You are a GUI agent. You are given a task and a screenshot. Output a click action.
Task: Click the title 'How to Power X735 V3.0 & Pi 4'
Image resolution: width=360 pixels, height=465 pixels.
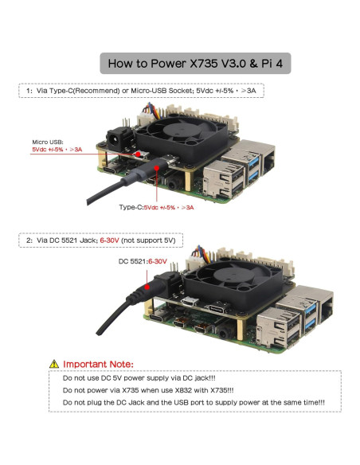click(x=195, y=63)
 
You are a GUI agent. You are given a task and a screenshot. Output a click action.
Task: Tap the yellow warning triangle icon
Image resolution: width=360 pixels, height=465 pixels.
click(x=54, y=364)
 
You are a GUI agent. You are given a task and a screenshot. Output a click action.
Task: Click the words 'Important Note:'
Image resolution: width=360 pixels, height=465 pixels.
click(x=98, y=364)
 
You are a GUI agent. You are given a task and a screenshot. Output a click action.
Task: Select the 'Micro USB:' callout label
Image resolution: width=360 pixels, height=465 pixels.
click(x=48, y=142)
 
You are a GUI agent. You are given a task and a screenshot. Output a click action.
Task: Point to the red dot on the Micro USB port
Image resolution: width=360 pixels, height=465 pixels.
click(x=138, y=154)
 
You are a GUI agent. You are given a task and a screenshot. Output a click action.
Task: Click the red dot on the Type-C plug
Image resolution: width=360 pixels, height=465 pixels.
click(x=157, y=168)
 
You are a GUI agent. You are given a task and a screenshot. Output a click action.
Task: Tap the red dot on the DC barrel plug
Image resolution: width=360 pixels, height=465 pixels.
click(x=147, y=287)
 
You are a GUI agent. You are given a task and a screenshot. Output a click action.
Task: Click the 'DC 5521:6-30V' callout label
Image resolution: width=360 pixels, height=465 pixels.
click(x=143, y=261)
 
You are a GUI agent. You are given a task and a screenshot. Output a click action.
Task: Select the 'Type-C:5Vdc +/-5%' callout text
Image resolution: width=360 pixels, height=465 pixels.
click(x=147, y=207)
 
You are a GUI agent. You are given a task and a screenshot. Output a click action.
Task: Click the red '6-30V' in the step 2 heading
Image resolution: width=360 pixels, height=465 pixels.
click(x=109, y=240)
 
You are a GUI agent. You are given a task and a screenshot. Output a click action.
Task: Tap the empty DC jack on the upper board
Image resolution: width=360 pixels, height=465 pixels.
click(x=117, y=139)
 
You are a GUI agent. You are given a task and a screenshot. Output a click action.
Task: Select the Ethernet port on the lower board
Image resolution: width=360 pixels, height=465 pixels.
click(x=327, y=308)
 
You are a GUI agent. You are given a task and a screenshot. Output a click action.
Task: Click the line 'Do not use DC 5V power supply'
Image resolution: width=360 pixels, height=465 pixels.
click(x=139, y=377)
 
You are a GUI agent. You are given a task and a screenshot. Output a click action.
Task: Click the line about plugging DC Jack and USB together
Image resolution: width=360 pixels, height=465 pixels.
click(x=194, y=402)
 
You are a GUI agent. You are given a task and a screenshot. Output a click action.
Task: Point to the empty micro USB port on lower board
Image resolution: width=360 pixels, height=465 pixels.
click(x=190, y=302)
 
